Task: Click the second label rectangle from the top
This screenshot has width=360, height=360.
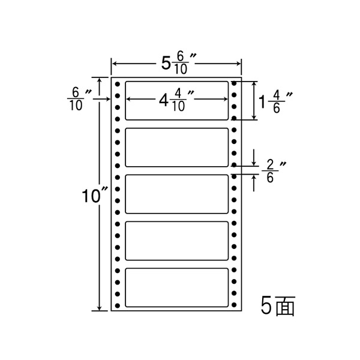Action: click(x=176, y=147)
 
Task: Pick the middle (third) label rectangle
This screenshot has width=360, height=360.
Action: click(x=176, y=194)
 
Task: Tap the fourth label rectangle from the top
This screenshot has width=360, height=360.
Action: click(x=176, y=241)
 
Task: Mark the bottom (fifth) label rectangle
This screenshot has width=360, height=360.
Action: click(x=176, y=287)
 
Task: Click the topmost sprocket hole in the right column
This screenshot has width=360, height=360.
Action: click(x=234, y=83)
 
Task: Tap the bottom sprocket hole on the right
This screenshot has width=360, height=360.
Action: click(x=234, y=306)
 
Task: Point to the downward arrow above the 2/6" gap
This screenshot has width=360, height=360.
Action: click(x=256, y=161)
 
